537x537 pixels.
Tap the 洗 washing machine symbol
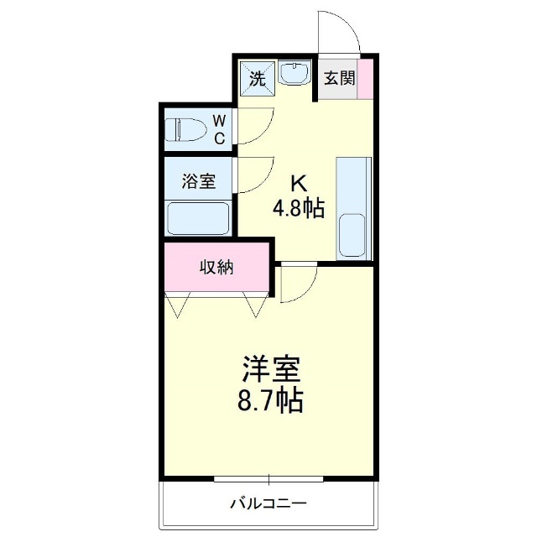click(x=258, y=78)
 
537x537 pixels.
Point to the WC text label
click(x=218, y=130)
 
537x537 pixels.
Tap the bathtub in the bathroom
click(x=199, y=217)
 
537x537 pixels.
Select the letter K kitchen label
click(x=298, y=184)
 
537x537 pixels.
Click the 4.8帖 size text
click(x=298, y=207)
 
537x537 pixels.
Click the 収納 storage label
click(x=216, y=268)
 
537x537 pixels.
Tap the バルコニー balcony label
click(x=268, y=504)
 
